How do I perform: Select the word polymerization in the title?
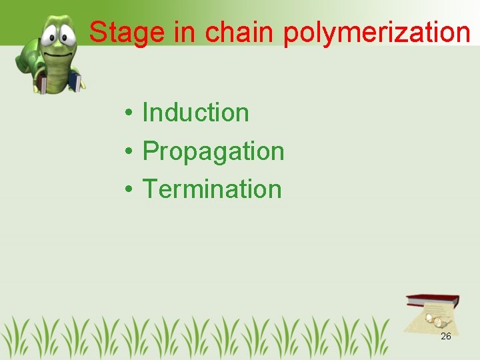coord(377,33)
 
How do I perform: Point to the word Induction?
coord(195,113)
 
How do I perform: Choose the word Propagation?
coord(213,151)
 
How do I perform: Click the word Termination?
coord(212,189)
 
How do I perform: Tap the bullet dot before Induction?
coord(127,114)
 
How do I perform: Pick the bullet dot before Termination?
coord(127,190)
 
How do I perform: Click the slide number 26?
coord(446,336)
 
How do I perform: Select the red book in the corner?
coord(434,301)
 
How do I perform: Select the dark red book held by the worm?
coord(41,84)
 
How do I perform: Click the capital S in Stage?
coord(98,32)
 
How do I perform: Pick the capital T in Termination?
coord(151,189)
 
